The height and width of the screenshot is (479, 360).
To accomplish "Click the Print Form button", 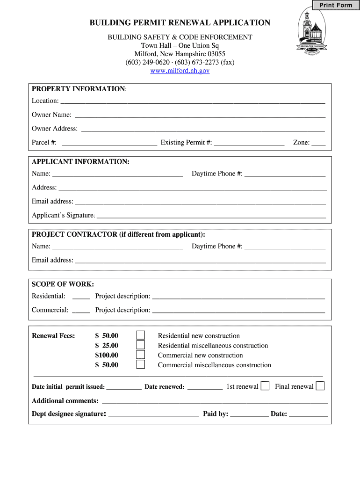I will pos(336,5).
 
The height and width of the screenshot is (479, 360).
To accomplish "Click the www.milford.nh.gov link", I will pos(180,71).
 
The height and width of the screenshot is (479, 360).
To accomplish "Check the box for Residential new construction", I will pos(141,335).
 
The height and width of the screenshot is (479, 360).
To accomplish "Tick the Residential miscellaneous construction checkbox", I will pos(141,345).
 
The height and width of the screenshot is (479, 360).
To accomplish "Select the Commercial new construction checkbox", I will pos(141,355).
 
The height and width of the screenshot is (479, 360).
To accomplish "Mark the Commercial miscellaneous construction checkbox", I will pos(141,365).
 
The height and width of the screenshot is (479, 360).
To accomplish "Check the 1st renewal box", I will pos(265,386).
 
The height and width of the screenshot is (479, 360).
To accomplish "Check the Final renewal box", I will pos(320,386).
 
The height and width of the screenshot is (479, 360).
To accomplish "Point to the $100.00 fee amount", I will pos(107,355).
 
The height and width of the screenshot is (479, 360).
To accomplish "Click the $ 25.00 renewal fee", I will pos(107,345).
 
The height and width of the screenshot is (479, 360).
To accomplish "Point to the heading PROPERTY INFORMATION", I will pos(78,89).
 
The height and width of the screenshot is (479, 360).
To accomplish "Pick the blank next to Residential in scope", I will pos(81,297).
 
